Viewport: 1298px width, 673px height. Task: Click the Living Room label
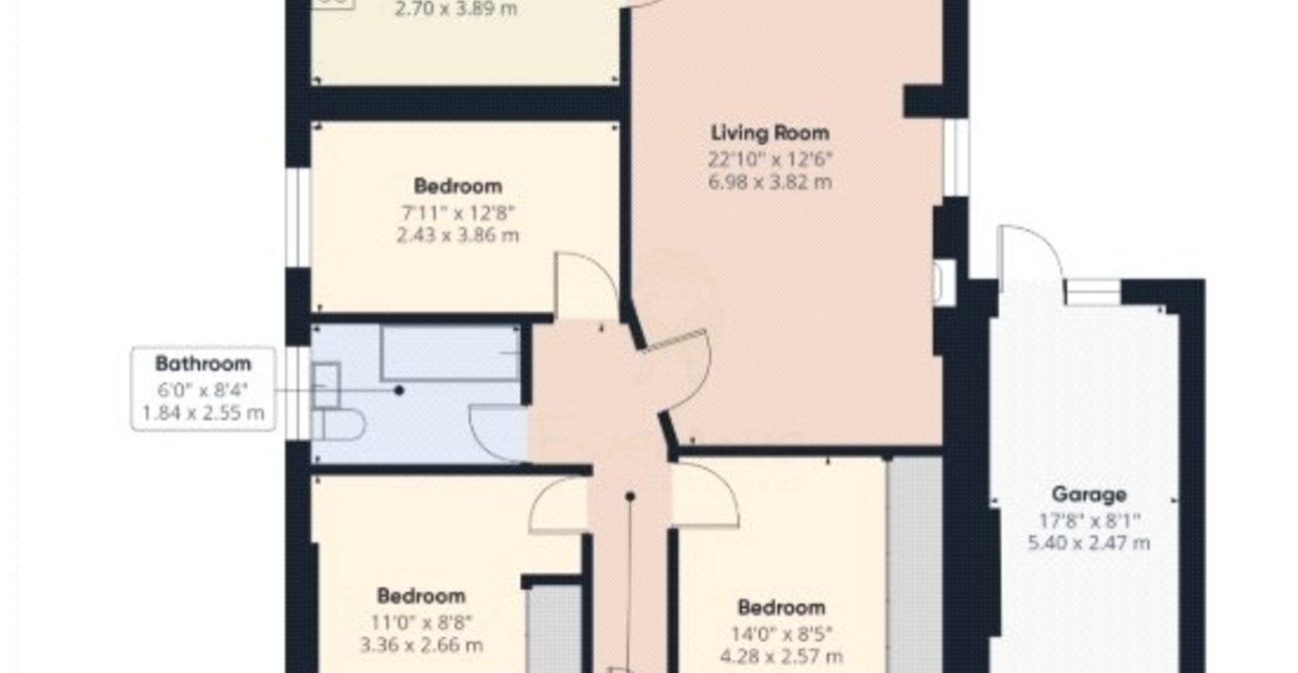[770, 133]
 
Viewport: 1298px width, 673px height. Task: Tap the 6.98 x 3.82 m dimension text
[770, 183]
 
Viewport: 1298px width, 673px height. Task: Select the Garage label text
[1088, 494]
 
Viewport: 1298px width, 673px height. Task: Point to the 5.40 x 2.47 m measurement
[1088, 544]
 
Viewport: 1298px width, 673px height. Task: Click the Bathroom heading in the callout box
[203, 363]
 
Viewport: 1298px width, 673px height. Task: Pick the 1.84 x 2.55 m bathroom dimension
[203, 412]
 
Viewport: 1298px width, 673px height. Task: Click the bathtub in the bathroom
[449, 351]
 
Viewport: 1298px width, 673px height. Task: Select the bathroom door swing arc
[496, 430]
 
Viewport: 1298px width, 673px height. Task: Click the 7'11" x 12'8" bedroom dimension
[457, 212]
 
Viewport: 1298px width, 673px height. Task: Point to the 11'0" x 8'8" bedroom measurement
[420, 621]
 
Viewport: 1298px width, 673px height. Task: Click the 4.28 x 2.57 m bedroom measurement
[782, 656]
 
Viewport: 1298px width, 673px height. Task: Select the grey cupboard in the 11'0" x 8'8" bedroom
[553, 629]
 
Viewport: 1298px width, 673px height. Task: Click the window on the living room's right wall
[956, 157]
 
